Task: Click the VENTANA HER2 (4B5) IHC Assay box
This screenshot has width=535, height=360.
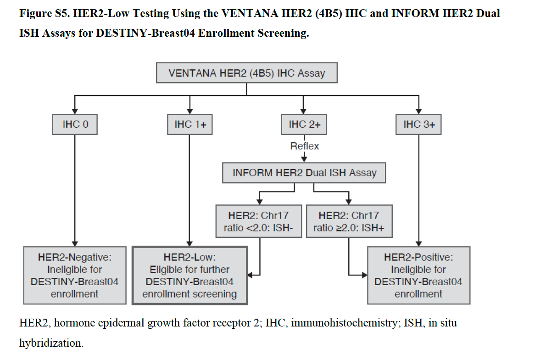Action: (x=247, y=73)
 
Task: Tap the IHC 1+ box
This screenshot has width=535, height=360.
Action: (x=190, y=124)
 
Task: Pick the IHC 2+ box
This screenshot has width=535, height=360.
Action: (x=304, y=124)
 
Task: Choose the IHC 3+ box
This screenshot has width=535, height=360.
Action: (x=418, y=124)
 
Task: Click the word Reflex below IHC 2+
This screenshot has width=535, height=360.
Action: (x=304, y=146)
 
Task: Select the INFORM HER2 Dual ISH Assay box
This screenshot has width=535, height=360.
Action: (x=304, y=173)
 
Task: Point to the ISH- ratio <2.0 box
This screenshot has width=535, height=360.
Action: (x=259, y=221)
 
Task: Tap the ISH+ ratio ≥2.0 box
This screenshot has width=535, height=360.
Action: (x=349, y=221)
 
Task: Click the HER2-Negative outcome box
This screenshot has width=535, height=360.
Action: (x=75, y=275)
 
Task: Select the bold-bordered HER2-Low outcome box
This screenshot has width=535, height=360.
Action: (x=190, y=275)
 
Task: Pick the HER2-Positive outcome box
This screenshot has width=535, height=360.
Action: (x=418, y=275)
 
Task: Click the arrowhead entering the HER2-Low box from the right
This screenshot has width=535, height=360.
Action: (x=251, y=275)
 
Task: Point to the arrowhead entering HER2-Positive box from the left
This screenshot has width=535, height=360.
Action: (x=365, y=275)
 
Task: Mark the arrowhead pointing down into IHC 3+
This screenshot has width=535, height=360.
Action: (x=418, y=111)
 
